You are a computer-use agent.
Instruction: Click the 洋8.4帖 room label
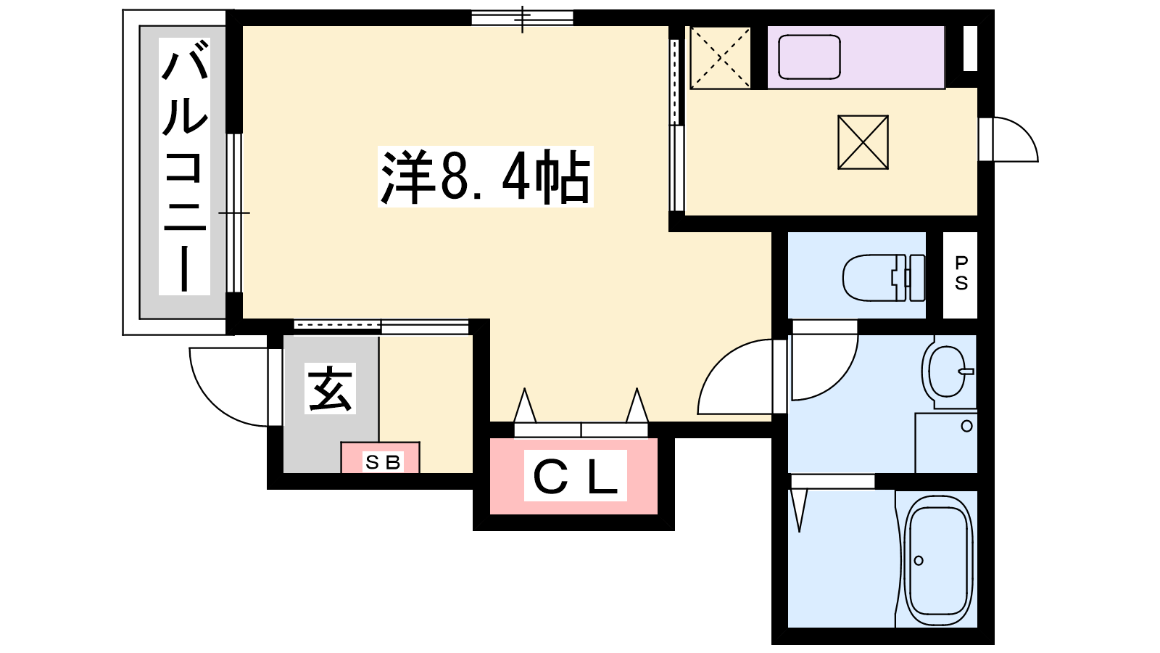[485, 177]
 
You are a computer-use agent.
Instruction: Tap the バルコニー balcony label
[184, 166]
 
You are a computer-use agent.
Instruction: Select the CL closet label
[576, 476]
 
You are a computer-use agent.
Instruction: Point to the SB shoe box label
[384, 461]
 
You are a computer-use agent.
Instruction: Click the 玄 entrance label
[330, 388]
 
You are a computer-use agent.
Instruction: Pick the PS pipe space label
[961, 274]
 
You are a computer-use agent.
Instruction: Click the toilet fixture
[884, 277]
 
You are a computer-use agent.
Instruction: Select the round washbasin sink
[947, 371]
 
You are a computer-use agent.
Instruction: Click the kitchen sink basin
[809, 57]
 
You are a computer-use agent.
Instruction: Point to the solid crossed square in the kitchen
[863, 142]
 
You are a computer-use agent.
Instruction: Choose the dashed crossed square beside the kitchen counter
[721, 57]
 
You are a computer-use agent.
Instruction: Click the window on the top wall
[522, 17]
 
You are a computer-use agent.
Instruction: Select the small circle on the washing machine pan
[966, 427]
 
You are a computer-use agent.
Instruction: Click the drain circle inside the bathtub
[919, 560]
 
